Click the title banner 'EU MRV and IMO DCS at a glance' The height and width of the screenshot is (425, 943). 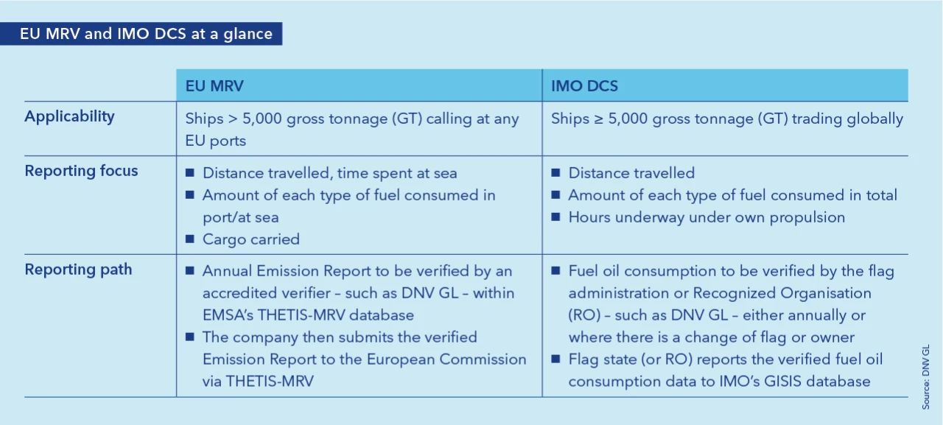[141, 34]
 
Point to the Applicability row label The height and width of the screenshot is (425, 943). [69, 116]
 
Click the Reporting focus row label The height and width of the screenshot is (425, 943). [81, 171]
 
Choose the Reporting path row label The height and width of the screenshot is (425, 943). [78, 270]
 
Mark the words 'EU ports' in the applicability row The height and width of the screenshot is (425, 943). [216, 141]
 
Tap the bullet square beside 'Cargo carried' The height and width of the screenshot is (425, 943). [190, 239]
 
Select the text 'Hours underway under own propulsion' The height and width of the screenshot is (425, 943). [707, 217]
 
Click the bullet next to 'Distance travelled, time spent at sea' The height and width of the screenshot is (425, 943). [190, 172]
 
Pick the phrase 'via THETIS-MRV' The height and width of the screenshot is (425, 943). [258, 382]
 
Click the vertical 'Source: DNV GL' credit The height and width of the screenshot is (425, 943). [926, 377]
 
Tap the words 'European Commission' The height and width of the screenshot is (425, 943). [446, 359]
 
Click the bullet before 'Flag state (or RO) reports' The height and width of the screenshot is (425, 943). [555, 359]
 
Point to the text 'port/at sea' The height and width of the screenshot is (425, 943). [240, 217]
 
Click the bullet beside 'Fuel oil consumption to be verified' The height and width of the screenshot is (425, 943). [555, 270]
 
